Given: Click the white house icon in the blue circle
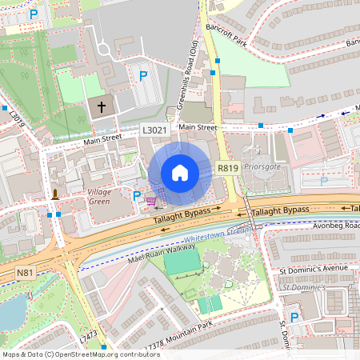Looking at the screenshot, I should tap(180, 173).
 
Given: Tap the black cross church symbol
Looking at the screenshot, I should tap(102, 106).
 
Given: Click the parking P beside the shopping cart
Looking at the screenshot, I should tap(137, 195).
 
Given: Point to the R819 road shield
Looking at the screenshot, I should tap(227, 167).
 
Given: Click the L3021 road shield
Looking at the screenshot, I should tap(154, 129).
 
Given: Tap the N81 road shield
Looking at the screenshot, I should tap(25, 273).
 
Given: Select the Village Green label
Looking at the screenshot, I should tap(99, 197).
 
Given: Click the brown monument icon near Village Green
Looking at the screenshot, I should tap(55, 194).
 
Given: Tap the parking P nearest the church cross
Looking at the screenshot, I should tap(143, 76).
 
